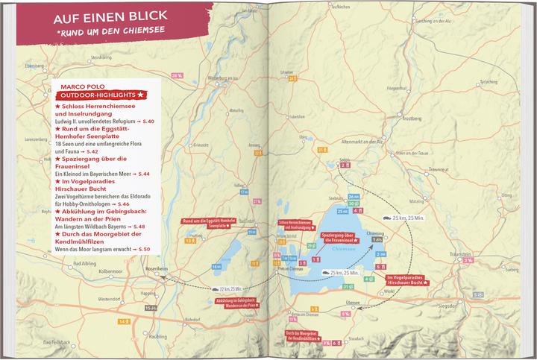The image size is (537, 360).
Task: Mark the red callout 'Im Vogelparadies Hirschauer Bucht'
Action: tap(408, 281)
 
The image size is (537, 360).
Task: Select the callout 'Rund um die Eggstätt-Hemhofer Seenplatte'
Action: tap(204, 224)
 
